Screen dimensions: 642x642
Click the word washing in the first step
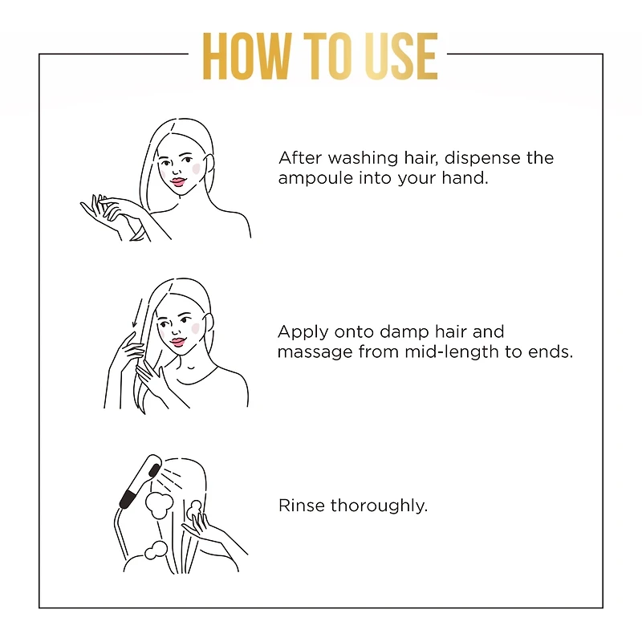[363, 159]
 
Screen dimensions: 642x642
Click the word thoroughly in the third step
[379, 506]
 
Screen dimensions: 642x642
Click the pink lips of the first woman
[178, 182]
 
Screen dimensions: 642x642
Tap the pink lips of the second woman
[177, 343]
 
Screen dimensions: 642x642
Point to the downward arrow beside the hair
[136, 313]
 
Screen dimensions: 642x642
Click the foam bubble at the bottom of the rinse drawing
[156, 550]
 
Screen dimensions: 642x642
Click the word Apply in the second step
[303, 333]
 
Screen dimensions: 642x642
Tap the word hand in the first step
[465, 178]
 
